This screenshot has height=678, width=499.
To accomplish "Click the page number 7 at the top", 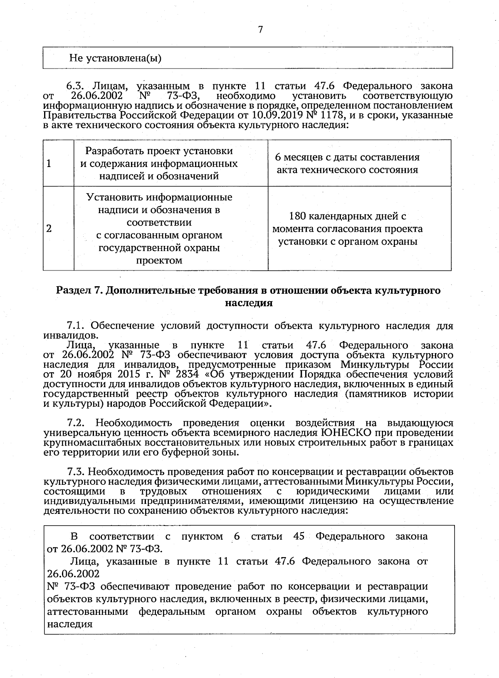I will click(x=260, y=29).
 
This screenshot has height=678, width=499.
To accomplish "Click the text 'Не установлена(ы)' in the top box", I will click(x=115, y=58).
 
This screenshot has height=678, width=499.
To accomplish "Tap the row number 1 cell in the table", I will click(x=49, y=163).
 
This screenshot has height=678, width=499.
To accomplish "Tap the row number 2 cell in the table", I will click(x=49, y=228).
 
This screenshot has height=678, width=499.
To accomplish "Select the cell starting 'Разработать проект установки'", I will click(x=159, y=163).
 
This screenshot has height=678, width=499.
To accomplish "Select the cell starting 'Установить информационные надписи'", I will click(x=159, y=228).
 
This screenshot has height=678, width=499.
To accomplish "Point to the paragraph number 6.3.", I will click(x=76, y=86).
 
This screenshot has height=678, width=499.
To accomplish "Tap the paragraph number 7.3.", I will click(x=77, y=472).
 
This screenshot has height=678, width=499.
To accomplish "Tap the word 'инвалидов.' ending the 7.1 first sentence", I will click(x=71, y=335).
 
